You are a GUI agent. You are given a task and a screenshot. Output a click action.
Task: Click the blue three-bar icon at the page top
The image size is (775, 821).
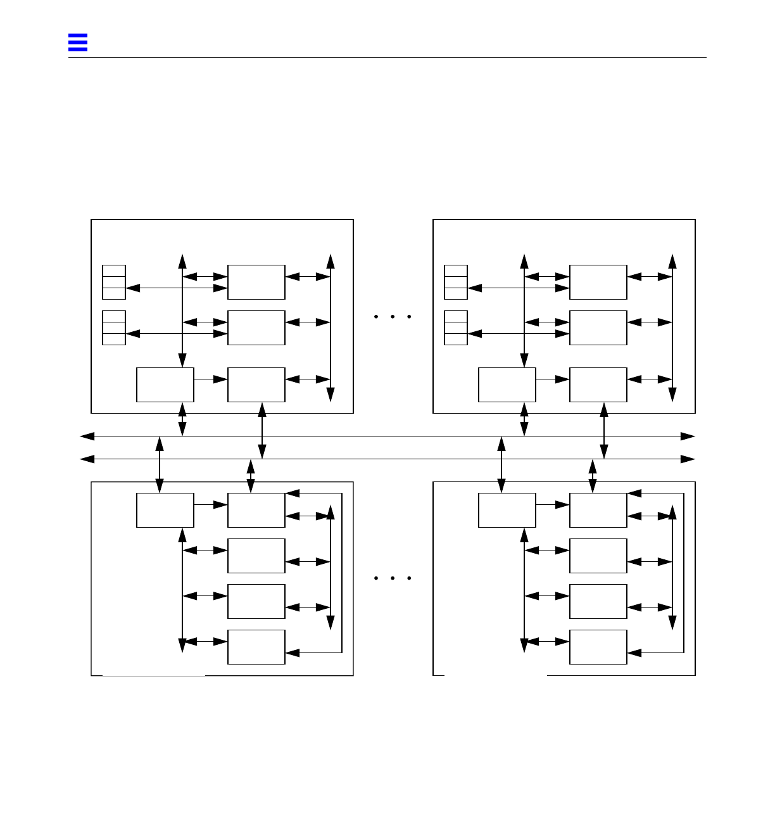point(78,42)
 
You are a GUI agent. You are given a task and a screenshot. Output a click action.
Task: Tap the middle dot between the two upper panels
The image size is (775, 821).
point(393,316)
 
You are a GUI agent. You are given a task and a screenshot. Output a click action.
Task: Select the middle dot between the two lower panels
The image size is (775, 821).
point(393,578)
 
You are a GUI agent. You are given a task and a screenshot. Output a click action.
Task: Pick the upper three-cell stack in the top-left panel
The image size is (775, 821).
point(114,283)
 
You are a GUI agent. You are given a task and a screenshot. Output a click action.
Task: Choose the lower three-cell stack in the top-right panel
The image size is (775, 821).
point(456,328)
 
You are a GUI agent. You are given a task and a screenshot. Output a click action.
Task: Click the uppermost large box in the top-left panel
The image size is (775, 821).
point(256,283)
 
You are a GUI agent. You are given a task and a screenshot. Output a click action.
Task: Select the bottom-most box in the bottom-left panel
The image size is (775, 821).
point(256,647)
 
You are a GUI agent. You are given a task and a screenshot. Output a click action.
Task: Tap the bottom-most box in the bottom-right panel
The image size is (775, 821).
point(598,647)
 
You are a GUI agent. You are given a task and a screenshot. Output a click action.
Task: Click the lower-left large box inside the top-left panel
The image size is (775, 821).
point(165,385)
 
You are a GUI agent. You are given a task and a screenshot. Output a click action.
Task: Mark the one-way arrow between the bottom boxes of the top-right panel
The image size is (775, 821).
point(553,379)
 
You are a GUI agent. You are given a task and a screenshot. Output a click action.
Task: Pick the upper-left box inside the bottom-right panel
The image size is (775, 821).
point(507,510)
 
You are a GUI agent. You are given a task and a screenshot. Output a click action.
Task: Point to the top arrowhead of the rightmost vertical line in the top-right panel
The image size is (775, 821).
point(672,261)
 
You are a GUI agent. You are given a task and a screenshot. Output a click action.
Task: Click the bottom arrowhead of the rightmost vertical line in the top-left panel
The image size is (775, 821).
point(331,395)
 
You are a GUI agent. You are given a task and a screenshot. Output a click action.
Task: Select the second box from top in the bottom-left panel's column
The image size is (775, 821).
point(256,556)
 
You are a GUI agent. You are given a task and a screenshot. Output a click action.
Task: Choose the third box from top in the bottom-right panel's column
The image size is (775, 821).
point(598,601)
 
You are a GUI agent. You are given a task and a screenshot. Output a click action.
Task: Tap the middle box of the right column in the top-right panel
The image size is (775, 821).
point(598,328)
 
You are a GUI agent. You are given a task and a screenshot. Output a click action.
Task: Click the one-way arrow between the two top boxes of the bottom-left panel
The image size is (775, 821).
point(211,505)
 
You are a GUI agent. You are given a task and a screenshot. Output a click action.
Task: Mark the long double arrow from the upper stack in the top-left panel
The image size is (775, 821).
point(177,288)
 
